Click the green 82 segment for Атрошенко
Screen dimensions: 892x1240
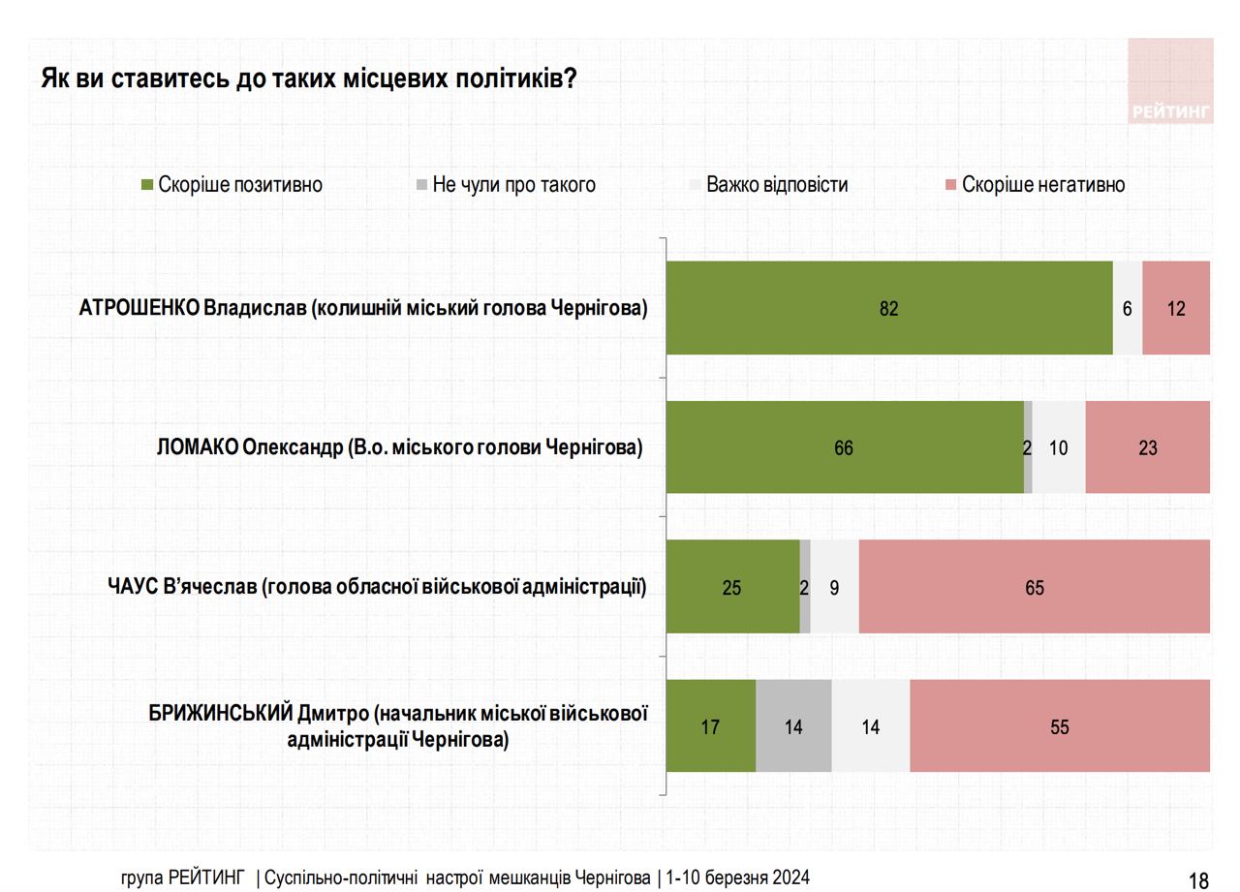pos(889,308)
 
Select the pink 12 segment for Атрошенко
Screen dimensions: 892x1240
pos(1176,308)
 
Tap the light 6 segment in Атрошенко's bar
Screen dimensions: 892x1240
pos(1128,308)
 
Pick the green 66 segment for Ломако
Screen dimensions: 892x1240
pos(844,447)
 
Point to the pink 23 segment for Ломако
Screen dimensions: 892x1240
pos(1148,447)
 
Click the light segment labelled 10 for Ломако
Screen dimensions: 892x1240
pos(1059,447)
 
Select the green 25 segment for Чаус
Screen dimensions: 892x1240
pos(732,587)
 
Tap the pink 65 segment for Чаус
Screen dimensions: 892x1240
pos(1035,587)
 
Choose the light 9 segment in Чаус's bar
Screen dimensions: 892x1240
pos(834,587)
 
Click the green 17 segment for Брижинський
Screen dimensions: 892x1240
pos(710,725)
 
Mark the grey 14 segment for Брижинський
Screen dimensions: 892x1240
pos(793,725)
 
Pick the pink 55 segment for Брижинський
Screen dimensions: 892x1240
pos(1060,725)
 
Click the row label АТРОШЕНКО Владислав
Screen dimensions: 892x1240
pos(363,308)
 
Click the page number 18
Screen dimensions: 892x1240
pos(1198,853)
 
